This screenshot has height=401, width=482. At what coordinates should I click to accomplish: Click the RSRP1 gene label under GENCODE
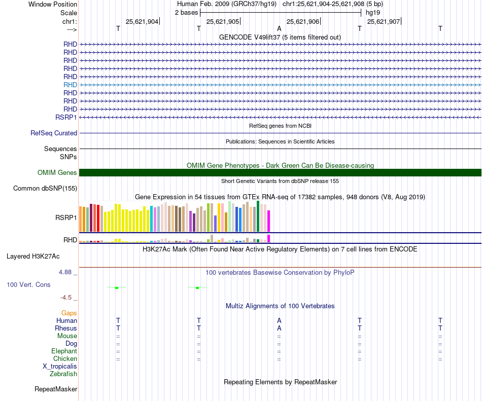tap(66, 117)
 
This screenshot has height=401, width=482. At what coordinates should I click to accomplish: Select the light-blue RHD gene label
tap(70, 85)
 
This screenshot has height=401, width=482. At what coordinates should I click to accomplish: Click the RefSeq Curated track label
tap(54, 133)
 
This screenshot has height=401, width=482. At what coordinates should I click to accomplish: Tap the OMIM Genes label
tap(57, 173)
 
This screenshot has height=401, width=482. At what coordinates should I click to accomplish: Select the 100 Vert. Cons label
tap(28, 285)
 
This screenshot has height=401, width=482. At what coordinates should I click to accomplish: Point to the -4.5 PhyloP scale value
tap(67, 298)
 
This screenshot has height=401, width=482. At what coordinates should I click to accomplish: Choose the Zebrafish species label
tap(63, 374)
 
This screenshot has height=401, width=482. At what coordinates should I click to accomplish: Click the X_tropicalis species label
tap(60, 367)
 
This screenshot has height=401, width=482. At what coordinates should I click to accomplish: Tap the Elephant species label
tap(64, 351)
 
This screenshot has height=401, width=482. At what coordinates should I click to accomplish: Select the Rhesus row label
tap(66, 329)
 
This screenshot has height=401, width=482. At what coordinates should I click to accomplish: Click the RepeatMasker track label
tap(56, 389)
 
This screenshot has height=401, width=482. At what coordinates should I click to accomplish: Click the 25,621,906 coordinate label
tap(303, 21)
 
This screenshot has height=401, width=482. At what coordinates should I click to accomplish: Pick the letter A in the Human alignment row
tap(279, 320)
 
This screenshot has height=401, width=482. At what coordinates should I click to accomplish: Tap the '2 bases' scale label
tap(187, 12)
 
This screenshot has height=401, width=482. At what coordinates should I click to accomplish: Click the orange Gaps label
tap(69, 313)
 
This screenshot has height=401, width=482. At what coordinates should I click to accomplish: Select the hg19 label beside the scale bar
tap(373, 12)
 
